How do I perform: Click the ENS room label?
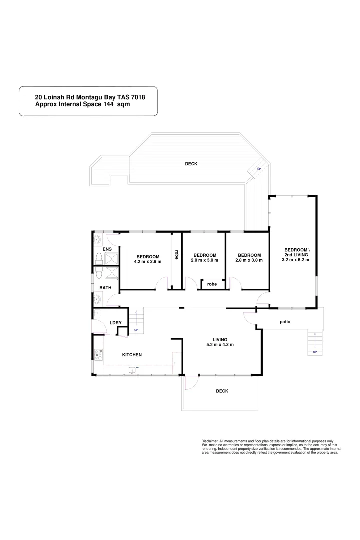[x=107, y=249]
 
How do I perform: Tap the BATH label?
[x=105, y=288]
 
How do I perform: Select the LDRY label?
[x=116, y=323]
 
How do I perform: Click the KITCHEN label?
[x=132, y=355]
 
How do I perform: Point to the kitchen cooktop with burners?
[x=98, y=355]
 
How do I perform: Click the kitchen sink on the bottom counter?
[x=133, y=370]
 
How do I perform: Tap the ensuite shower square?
[x=111, y=258]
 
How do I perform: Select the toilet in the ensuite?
[x=99, y=258]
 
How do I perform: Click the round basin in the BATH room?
[x=97, y=299]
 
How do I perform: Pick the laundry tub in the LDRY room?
[x=98, y=313]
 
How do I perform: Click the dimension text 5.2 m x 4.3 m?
[x=220, y=345]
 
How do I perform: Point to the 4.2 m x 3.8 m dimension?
[x=148, y=261]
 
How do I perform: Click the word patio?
[x=285, y=322]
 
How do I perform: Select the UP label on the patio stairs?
[x=315, y=352]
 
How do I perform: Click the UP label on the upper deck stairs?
[x=259, y=169]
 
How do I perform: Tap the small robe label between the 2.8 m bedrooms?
[x=212, y=284]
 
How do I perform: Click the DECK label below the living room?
[x=222, y=391]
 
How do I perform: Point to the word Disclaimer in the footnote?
[x=210, y=441]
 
